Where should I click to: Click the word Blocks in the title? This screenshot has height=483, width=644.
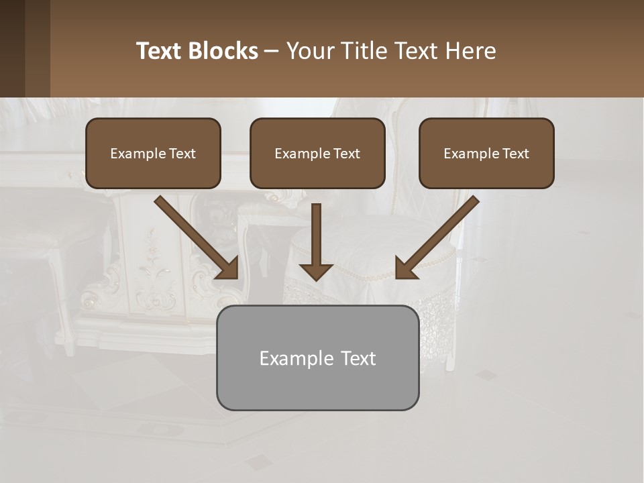tap(223, 51)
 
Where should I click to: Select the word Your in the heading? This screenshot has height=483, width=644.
tap(311, 51)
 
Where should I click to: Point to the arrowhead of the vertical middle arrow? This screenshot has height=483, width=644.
tap(316, 272)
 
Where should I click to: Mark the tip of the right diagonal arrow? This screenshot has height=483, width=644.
tap(398, 276)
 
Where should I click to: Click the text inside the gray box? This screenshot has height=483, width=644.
tap(317, 358)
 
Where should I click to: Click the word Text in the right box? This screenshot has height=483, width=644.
tap(515, 154)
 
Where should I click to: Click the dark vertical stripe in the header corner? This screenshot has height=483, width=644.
tap(12, 48)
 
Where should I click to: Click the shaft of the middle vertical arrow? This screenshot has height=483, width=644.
tap(316, 231)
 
